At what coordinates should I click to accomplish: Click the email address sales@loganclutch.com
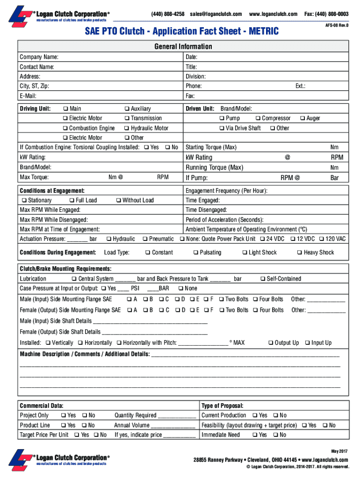click(216, 14)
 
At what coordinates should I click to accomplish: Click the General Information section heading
click(183, 46)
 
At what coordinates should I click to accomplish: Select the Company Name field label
click(39, 57)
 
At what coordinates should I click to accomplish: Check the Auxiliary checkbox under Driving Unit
click(127, 109)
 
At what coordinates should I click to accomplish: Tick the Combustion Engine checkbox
click(65, 128)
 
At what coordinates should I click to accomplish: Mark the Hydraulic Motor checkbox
click(127, 128)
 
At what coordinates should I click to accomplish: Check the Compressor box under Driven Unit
click(258, 118)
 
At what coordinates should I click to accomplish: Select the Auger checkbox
click(302, 118)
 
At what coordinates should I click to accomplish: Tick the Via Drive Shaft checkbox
click(222, 128)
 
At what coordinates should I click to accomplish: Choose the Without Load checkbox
click(118, 200)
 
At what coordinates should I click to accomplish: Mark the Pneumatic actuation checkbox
click(145, 239)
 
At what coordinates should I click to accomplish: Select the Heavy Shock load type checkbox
click(300, 253)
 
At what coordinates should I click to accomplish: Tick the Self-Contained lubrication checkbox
click(263, 279)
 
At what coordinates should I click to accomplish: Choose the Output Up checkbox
click(271, 343)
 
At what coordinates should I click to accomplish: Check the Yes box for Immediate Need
click(255, 435)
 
